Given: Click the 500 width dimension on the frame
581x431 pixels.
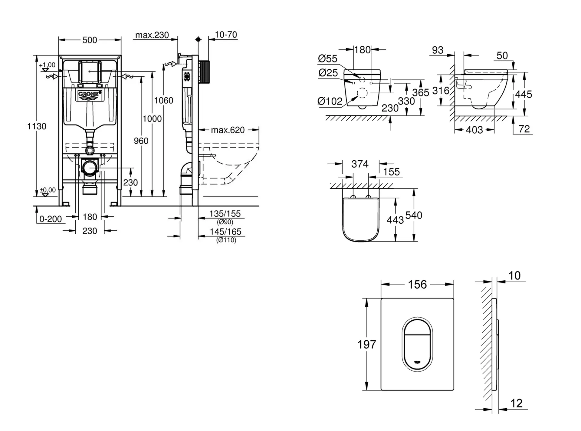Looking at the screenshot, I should click(90, 40).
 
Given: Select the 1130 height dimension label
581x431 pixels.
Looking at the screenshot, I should click(37, 126).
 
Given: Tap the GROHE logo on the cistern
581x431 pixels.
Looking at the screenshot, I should click(89, 94).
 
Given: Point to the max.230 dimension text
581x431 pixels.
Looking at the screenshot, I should click(152, 35).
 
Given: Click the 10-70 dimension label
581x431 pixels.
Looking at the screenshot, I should click(226, 35).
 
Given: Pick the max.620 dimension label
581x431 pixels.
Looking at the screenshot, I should click(228, 130).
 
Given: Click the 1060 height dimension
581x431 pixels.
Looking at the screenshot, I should click(163, 100).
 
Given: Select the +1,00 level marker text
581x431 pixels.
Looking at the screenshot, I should click(47, 65).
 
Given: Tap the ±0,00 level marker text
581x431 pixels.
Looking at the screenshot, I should click(48, 190).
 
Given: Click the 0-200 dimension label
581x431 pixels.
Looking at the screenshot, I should click(51, 219).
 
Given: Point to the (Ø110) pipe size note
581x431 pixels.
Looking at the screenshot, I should click(226, 240).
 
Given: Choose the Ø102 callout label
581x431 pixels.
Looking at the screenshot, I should click(330, 101).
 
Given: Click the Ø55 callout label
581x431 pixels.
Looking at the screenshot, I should click(327, 58).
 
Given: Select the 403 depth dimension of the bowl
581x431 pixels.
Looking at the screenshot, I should click(474, 130).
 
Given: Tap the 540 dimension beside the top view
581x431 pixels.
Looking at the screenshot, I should click(414, 215).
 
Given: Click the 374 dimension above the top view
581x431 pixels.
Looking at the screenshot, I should click(360, 164).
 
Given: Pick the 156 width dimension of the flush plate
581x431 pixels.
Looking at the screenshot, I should click(417, 284).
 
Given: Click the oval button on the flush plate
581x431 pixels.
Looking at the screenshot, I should click(417, 345).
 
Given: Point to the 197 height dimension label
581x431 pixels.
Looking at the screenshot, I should click(367, 344).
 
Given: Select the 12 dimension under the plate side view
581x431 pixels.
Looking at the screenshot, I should click(516, 403).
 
